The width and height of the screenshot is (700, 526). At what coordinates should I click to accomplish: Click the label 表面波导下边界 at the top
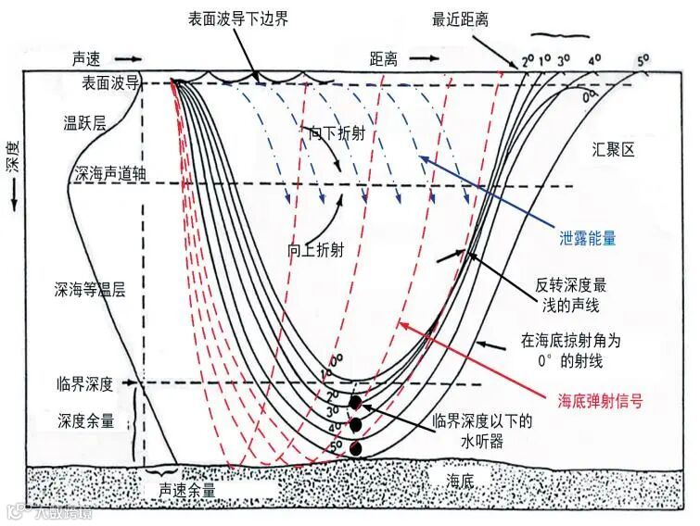coord(239,19)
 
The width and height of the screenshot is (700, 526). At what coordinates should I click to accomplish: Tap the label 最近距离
coord(462,19)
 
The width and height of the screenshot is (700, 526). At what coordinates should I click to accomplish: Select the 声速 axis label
coord(92,57)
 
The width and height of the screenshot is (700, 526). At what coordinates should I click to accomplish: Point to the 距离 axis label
coord(383,58)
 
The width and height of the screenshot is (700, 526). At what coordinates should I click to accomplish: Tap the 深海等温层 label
coord(89,289)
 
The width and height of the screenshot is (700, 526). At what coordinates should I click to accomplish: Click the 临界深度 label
coord(83,382)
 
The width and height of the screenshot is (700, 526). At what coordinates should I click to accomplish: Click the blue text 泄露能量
coord(586,238)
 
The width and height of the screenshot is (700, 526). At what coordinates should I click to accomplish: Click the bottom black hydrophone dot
coord(354,449)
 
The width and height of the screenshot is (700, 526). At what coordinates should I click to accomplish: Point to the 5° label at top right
coord(643,63)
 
